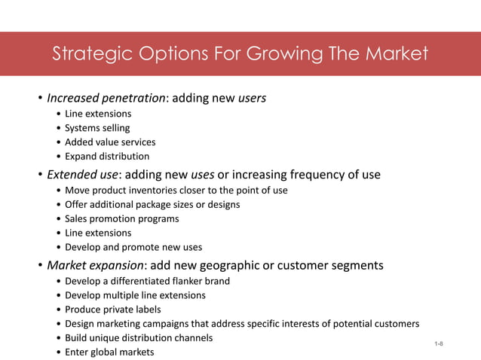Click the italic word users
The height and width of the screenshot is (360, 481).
[x=252, y=98]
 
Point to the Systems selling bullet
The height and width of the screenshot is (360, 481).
[x=97, y=128]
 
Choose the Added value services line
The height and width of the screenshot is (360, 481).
[x=110, y=142]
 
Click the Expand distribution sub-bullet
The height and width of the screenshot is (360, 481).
[x=107, y=157]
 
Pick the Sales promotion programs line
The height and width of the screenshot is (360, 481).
[x=122, y=218]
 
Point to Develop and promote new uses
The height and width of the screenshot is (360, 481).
[x=133, y=247]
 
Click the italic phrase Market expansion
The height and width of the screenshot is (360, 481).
[x=93, y=265]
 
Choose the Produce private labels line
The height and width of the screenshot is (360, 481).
[x=113, y=310]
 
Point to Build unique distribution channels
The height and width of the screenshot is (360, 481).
[x=139, y=338]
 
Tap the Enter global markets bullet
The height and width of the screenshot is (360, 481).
[x=109, y=352]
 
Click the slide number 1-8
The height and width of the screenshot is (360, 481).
[x=439, y=344]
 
